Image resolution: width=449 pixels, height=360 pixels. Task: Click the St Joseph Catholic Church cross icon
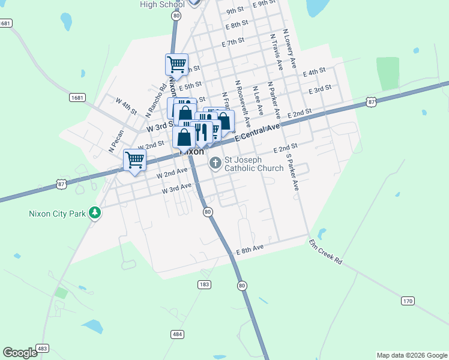click(215, 163)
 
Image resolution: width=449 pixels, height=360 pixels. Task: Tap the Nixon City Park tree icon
click(94, 212)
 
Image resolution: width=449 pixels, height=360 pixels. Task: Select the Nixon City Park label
click(58, 213)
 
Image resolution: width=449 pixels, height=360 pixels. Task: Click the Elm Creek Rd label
click(325, 253)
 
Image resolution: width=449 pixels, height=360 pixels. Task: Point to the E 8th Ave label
click(250, 248)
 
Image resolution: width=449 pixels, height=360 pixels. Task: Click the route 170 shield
click(408, 301)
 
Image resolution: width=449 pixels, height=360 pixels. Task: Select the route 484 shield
click(176, 334)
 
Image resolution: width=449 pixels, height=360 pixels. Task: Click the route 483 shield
click(42, 348)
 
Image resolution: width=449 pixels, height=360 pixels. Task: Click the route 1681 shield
click(77, 97)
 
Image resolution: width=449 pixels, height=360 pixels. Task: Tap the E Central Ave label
click(258, 132)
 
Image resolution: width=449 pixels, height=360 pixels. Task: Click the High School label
click(162, 5)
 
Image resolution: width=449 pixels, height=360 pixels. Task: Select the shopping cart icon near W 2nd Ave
click(134, 160)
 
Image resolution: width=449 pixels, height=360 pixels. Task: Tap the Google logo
click(20, 353)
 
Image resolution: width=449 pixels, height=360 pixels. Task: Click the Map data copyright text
click(412, 355)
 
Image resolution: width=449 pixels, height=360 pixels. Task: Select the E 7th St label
click(233, 42)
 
